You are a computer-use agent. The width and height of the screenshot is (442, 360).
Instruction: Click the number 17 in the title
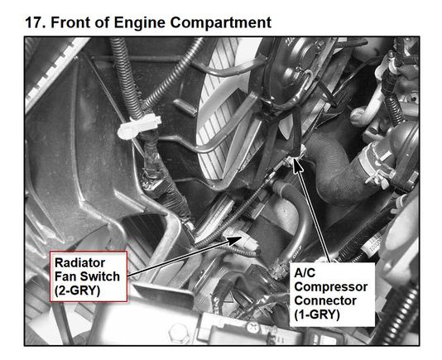point(35,22)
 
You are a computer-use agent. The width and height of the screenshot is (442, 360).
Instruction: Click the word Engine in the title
point(139,23)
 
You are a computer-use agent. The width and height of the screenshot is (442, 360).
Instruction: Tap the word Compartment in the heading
point(221,23)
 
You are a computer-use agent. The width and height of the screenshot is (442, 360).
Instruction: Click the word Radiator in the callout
point(79,262)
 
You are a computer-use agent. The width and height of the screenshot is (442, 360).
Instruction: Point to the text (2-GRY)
point(78,290)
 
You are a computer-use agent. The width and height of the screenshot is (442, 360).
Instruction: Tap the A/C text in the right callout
point(305,273)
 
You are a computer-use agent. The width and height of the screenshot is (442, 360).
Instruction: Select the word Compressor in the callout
point(330,287)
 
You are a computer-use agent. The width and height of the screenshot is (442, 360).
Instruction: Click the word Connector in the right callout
point(325,300)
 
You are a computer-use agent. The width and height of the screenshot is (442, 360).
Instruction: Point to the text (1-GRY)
point(317,314)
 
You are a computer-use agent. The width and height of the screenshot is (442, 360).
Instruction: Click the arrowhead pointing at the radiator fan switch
point(235,241)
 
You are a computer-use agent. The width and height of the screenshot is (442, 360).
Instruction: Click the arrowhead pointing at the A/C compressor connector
point(297,165)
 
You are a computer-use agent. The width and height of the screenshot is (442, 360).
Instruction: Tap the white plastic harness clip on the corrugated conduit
point(139,127)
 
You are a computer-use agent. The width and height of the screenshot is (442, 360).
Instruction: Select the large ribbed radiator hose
point(339,169)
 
